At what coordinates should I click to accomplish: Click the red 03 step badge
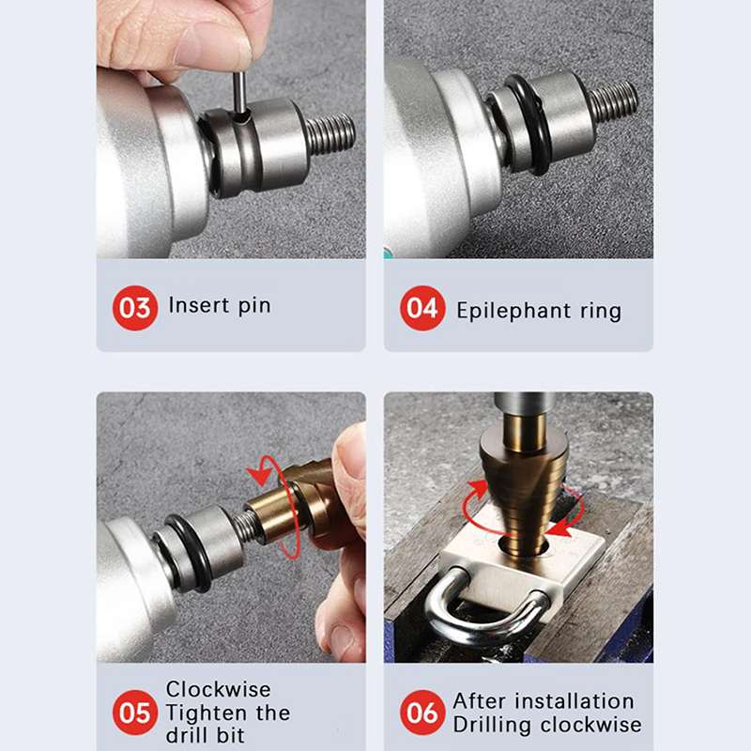pos(135,308)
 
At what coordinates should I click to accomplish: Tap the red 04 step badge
pos(422,308)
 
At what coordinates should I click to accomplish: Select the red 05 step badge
pos(135,713)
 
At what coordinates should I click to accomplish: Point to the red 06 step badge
pos(422,713)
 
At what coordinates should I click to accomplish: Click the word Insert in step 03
pos(199,305)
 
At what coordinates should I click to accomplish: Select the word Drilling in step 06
pos(492,725)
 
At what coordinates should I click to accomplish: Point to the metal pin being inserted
pos(240,92)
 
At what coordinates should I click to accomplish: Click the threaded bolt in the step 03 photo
pos(330,134)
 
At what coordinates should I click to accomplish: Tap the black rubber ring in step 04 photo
pos(528,124)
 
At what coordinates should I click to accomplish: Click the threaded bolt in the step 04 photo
pos(614,100)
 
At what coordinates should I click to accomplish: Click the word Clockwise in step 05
pos(219,690)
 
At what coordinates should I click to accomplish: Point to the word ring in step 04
pos(601,312)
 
